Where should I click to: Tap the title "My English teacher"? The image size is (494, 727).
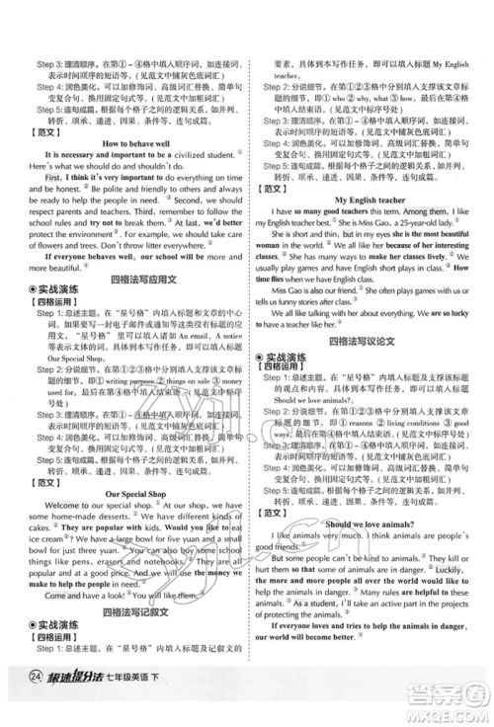[x=371, y=199]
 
